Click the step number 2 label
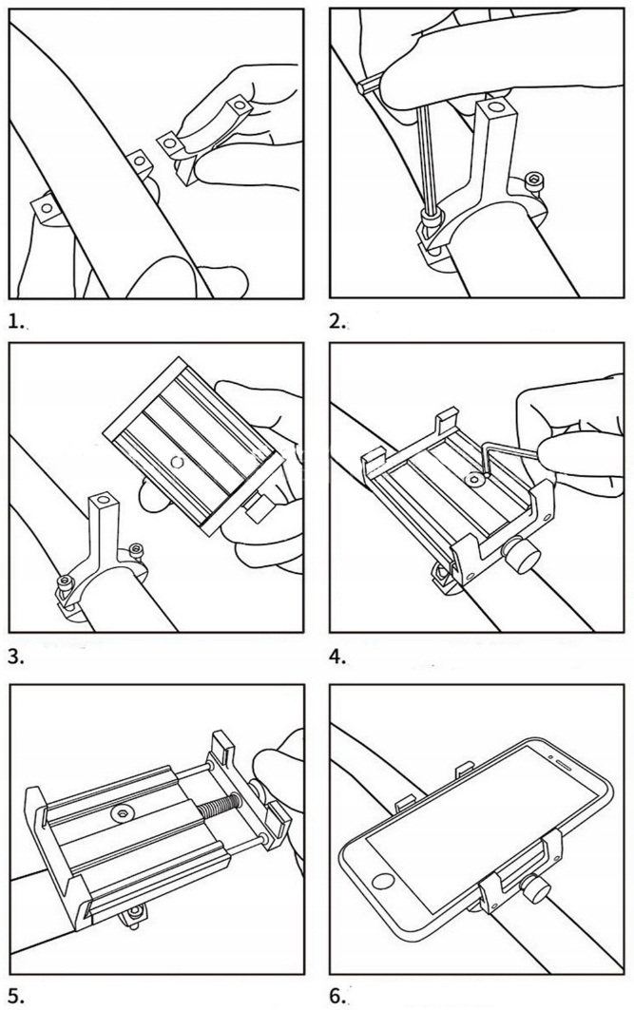click(x=337, y=321)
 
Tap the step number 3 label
click(x=15, y=657)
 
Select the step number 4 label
click(x=338, y=657)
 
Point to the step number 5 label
click(x=15, y=993)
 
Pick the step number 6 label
click(x=338, y=993)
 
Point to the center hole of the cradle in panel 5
click(x=122, y=814)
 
